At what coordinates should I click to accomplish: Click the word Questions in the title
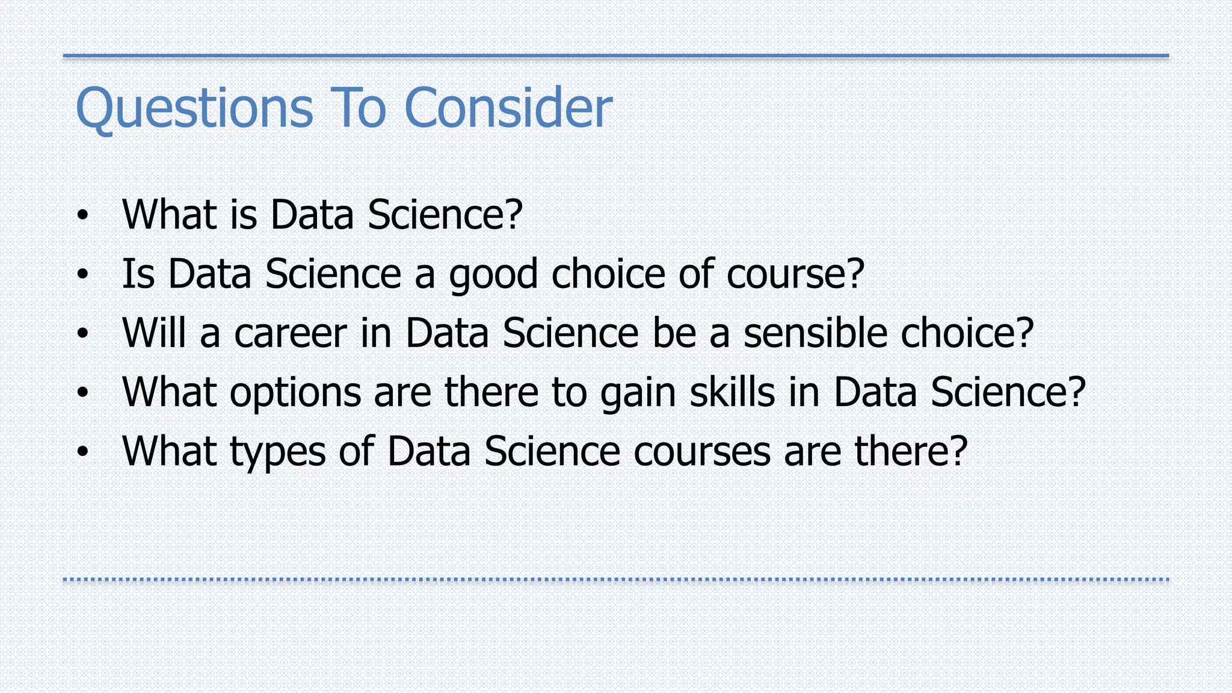pos(194,108)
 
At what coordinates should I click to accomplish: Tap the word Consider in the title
pos(508,108)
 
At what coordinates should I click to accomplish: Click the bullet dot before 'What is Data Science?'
pos(82,215)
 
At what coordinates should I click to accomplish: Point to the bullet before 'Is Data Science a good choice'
pos(82,274)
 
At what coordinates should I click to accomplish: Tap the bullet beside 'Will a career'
pos(82,333)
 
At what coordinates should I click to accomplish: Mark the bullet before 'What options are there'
pos(82,393)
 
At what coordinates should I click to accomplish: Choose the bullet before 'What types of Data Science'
pos(82,452)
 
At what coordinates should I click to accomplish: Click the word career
pos(290,333)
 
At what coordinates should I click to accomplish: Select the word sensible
pos(816,333)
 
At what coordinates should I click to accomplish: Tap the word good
pos(493,274)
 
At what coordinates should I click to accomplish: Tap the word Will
pos(153,333)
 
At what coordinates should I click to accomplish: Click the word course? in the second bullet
pos(795,274)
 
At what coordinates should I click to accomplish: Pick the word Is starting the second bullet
pos(138,274)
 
